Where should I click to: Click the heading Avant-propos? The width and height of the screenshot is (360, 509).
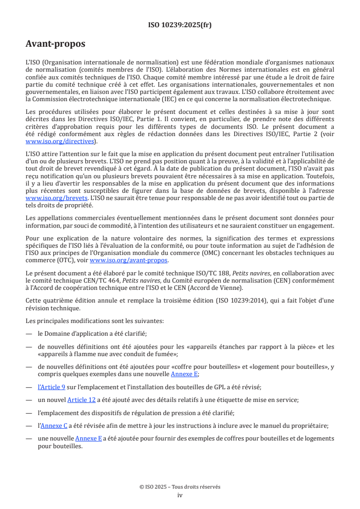(55, 44)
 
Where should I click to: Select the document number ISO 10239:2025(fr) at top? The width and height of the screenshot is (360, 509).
(180, 25)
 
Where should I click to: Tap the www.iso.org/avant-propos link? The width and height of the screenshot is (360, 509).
(129, 260)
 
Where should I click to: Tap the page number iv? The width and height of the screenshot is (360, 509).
(180, 495)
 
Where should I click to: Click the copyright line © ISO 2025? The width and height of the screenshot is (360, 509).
(180, 487)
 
